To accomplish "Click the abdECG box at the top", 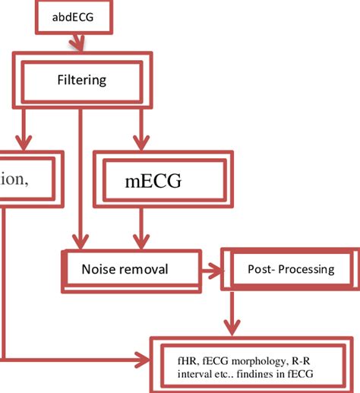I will point(74,16).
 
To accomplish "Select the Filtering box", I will point(82,80).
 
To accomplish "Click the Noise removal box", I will point(125,269).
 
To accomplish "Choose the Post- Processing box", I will point(289,269).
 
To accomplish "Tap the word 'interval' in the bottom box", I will point(194,373).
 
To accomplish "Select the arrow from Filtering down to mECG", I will point(138,129).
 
